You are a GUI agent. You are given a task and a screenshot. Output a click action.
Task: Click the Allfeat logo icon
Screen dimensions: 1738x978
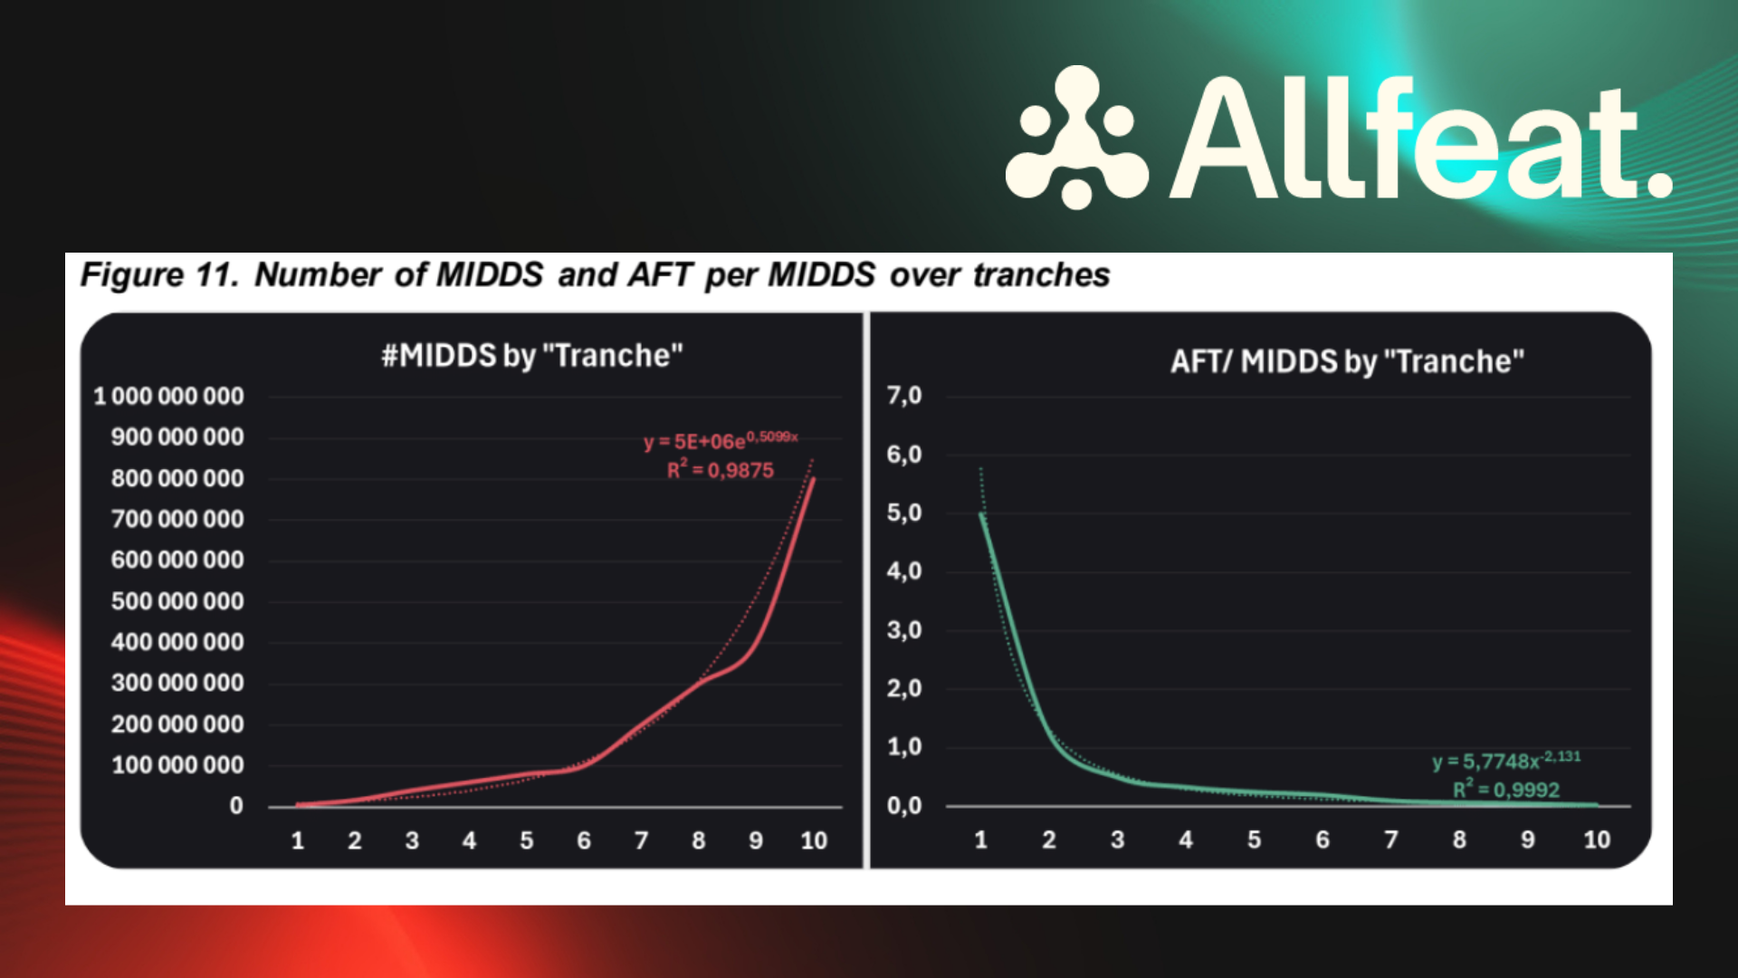coord(1076,137)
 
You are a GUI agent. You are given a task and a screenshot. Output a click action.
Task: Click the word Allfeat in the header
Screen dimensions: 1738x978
coord(1421,138)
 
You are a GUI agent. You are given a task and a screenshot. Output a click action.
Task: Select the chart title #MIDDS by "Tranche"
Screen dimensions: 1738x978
coord(532,356)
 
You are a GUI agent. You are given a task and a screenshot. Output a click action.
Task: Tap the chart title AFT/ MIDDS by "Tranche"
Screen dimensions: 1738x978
coord(1347,361)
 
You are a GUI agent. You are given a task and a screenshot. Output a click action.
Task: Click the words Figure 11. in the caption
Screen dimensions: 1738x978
coord(160,274)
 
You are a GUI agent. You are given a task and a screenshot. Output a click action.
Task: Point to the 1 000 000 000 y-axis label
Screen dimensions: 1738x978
coord(168,396)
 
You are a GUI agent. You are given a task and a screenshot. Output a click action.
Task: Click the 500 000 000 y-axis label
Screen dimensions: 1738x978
coord(177,601)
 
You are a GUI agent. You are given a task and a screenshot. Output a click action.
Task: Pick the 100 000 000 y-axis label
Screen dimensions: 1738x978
coord(177,765)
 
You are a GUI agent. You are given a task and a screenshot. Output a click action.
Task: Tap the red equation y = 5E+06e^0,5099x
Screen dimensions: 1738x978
coord(721,440)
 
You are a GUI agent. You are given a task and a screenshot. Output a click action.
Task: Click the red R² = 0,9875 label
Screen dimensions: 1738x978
coord(721,469)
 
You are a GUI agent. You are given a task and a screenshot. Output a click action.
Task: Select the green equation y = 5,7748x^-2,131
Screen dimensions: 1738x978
coord(1506,760)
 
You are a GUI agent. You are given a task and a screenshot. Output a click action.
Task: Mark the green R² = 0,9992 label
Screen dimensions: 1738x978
coord(1506,789)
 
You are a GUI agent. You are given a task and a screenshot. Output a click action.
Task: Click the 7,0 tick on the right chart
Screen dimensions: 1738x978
coord(904,395)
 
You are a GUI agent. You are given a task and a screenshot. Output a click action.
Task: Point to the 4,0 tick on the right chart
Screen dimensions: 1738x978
coord(904,570)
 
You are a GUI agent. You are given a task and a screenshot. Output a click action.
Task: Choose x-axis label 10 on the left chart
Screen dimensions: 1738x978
coord(814,840)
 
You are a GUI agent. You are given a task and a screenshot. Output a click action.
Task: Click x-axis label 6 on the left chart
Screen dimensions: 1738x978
coord(584,840)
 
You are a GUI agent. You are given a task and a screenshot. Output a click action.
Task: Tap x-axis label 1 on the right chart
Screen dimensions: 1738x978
coord(980,839)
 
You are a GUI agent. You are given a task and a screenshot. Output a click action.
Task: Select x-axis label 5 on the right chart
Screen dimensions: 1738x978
coord(1254,839)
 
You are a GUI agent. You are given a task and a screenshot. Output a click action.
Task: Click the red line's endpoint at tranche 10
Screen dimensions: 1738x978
coord(814,478)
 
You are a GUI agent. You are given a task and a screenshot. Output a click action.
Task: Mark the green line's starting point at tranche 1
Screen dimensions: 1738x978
coord(981,514)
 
